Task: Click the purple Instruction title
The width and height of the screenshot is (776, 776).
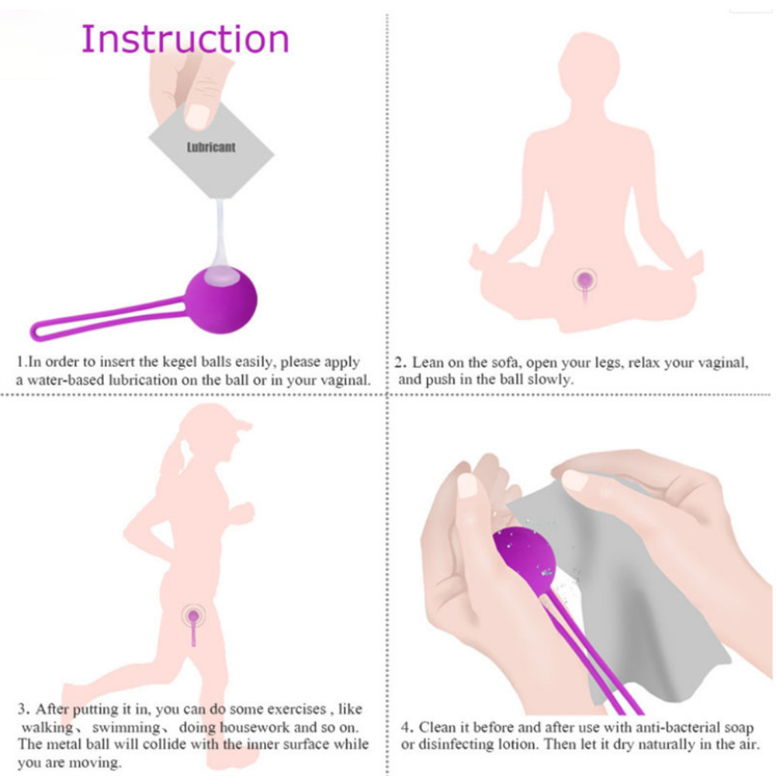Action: [185, 39]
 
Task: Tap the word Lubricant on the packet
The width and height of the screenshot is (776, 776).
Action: [211, 147]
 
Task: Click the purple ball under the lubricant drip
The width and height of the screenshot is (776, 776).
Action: [221, 300]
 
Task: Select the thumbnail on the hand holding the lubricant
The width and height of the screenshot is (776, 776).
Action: [198, 117]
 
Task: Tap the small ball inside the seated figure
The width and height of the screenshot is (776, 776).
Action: [585, 279]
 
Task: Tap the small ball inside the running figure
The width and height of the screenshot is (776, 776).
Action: [193, 616]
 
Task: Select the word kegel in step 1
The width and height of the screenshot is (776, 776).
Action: [180, 362]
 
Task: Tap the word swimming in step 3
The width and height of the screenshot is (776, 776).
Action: [126, 728]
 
